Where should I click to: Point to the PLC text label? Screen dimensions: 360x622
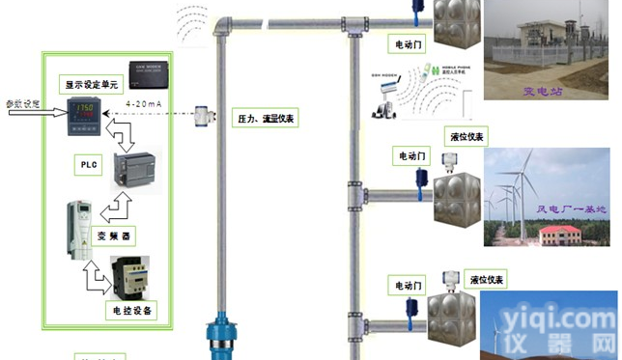pyautogui.click(x=86, y=165)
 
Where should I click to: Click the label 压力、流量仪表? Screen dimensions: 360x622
pyautogui.click(x=267, y=119)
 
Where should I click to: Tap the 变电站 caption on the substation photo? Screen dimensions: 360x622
pyautogui.click(x=543, y=93)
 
